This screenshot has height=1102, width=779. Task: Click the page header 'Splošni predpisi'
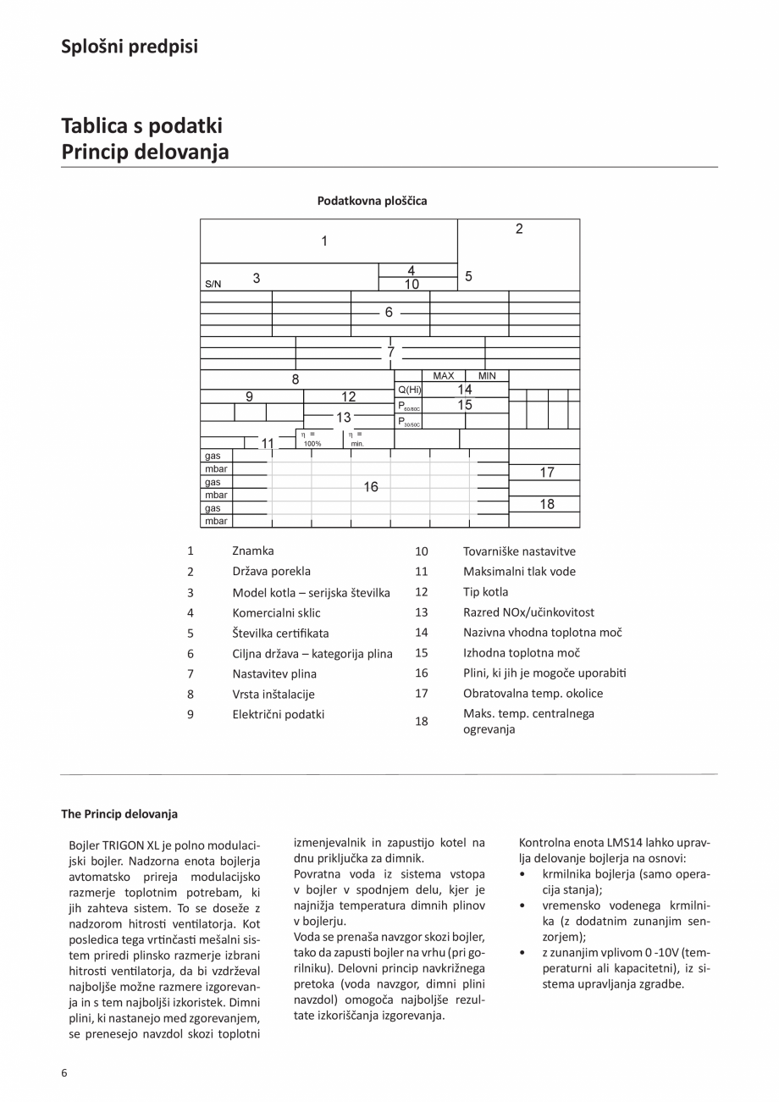point(130,47)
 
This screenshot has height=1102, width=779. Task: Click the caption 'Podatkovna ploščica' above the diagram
point(372,201)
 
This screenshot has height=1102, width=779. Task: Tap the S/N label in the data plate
point(213,284)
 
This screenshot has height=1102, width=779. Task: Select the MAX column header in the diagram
point(443,376)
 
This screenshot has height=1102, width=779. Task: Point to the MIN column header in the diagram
point(487,376)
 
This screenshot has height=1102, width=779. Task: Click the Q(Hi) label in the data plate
point(409,390)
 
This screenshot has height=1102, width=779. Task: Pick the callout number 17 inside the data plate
point(547,473)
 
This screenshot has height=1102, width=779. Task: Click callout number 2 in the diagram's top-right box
point(519,229)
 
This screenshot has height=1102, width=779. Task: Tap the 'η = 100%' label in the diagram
point(312,438)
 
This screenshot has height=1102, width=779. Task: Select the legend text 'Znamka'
point(253,551)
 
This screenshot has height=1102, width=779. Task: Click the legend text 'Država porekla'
point(272,571)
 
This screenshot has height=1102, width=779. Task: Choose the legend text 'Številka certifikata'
point(280,633)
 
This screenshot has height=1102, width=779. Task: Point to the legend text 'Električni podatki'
point(279,714)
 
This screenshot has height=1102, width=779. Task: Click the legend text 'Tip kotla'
point(485,591)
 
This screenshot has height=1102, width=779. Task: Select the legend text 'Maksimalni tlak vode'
point(519,571)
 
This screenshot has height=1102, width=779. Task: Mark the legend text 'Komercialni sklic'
point(277,612)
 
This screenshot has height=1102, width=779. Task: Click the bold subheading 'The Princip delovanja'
point(119,814)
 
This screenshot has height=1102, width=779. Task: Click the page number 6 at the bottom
point(64,1072)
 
